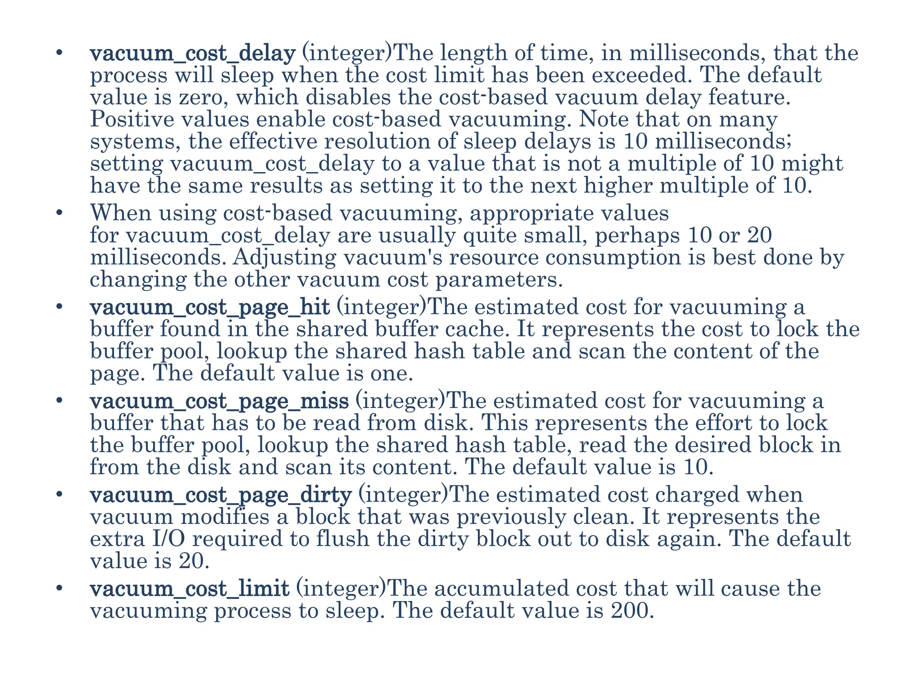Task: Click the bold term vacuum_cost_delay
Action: (193, 54)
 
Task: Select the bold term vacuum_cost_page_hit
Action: (210, 308)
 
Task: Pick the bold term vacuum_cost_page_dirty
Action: (221, 495)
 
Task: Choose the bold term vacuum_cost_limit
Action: (190, 589)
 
